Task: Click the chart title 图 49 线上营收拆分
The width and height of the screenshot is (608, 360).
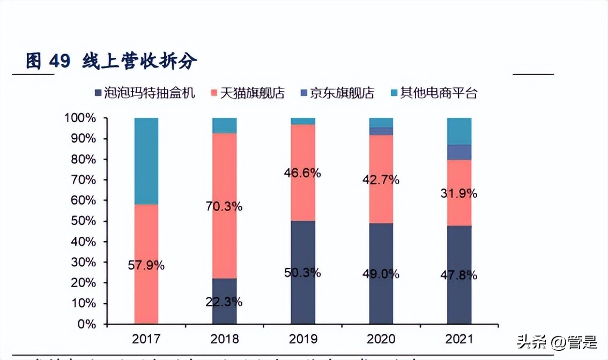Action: [112, 62]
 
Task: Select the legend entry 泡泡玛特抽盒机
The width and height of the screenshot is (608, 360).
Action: [145, 93]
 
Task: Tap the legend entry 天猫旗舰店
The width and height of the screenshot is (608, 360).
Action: [249, 93]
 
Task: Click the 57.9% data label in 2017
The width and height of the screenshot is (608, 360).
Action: [146, 265]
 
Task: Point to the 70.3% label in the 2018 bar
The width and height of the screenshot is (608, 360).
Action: [224, 206]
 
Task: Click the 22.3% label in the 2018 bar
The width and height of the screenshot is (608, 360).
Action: [224, 302]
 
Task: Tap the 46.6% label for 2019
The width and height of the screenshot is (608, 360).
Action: [302, 173]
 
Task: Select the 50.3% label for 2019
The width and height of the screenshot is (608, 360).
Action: [302, 273]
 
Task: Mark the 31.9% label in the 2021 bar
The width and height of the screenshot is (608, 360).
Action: [459, 194]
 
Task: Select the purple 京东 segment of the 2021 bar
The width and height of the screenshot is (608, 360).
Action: [459, 152]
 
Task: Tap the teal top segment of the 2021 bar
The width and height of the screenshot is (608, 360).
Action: [459, 131]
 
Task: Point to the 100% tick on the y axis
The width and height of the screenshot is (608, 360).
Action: [81, 118]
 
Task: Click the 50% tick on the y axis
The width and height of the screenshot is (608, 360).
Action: [83, 221]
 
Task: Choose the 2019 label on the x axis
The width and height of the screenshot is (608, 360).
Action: [302, 339]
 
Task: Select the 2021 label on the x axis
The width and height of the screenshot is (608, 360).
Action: [459, 339]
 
